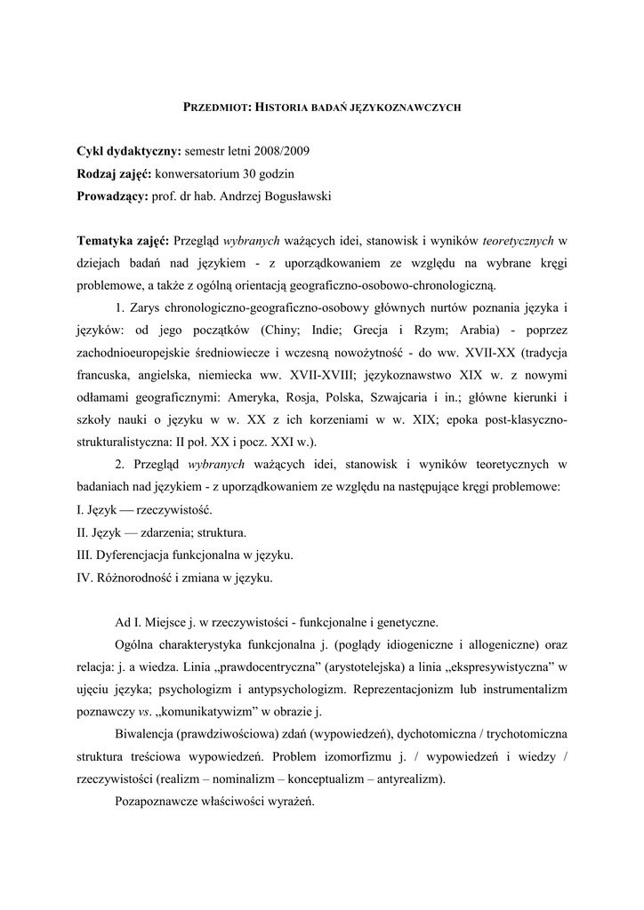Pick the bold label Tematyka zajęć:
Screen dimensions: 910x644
[x=124, y=241]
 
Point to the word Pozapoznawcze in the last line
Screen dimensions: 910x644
[x=157, y=801]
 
